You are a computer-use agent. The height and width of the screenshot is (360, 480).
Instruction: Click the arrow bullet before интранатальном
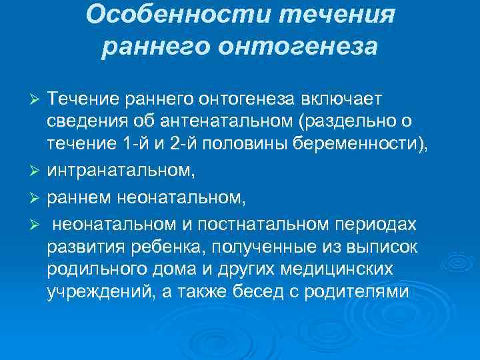(x=37, y=172)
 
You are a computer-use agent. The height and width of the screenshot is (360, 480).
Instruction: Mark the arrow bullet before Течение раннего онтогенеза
(x=37, y=100)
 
